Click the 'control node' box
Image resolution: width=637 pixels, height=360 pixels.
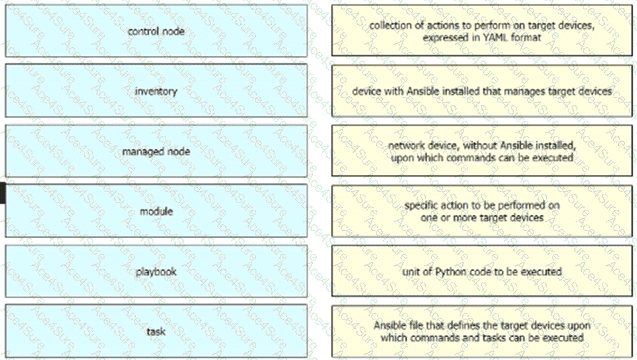click(x=156, y=31)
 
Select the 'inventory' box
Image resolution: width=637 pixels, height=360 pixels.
click(x=156, y=91)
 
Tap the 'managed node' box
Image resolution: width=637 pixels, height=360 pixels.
click(x=156, y=151)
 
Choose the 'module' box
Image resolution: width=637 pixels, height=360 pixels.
click(x=156, y=211)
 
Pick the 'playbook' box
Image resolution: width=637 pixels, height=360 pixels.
click(x=156, y=272)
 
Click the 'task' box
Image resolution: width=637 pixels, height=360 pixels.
click(x=156, y=331)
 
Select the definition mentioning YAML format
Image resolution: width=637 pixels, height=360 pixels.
click(x=482, y=31)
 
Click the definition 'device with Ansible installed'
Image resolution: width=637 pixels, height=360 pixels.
click(x=482, y=91)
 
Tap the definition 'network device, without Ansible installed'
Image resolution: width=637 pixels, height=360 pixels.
click(x=482, y=151)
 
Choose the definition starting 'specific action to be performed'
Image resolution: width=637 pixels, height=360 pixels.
click(x=482, y=211)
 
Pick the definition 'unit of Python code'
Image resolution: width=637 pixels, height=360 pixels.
click(x=482, y=272)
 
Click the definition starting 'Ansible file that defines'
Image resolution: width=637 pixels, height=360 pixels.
click(x=482, y=331)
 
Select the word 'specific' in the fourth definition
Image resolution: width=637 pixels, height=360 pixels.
click(x=421, y=205)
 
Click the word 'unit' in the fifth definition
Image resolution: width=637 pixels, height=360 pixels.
click(x=412, y=272)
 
